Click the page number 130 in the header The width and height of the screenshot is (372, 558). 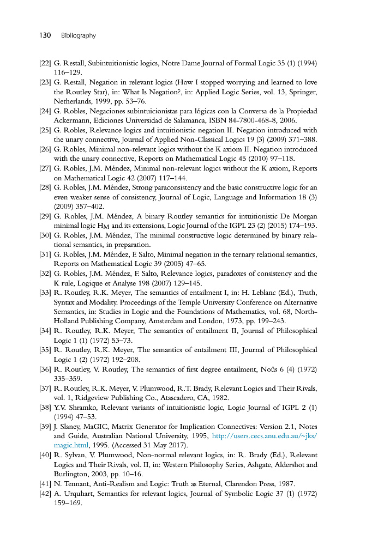click(x=44, y=35)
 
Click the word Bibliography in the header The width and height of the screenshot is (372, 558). click(x=79, y=35)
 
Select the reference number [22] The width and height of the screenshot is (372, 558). click(x=45, y=63)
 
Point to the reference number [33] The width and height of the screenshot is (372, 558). click(x=45, y=293)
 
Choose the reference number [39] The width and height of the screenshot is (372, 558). click(x=45, y=426)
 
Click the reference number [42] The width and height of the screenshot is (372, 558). click(x=45, y=493)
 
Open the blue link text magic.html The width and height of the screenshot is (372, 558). click(x=71, y=445)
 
